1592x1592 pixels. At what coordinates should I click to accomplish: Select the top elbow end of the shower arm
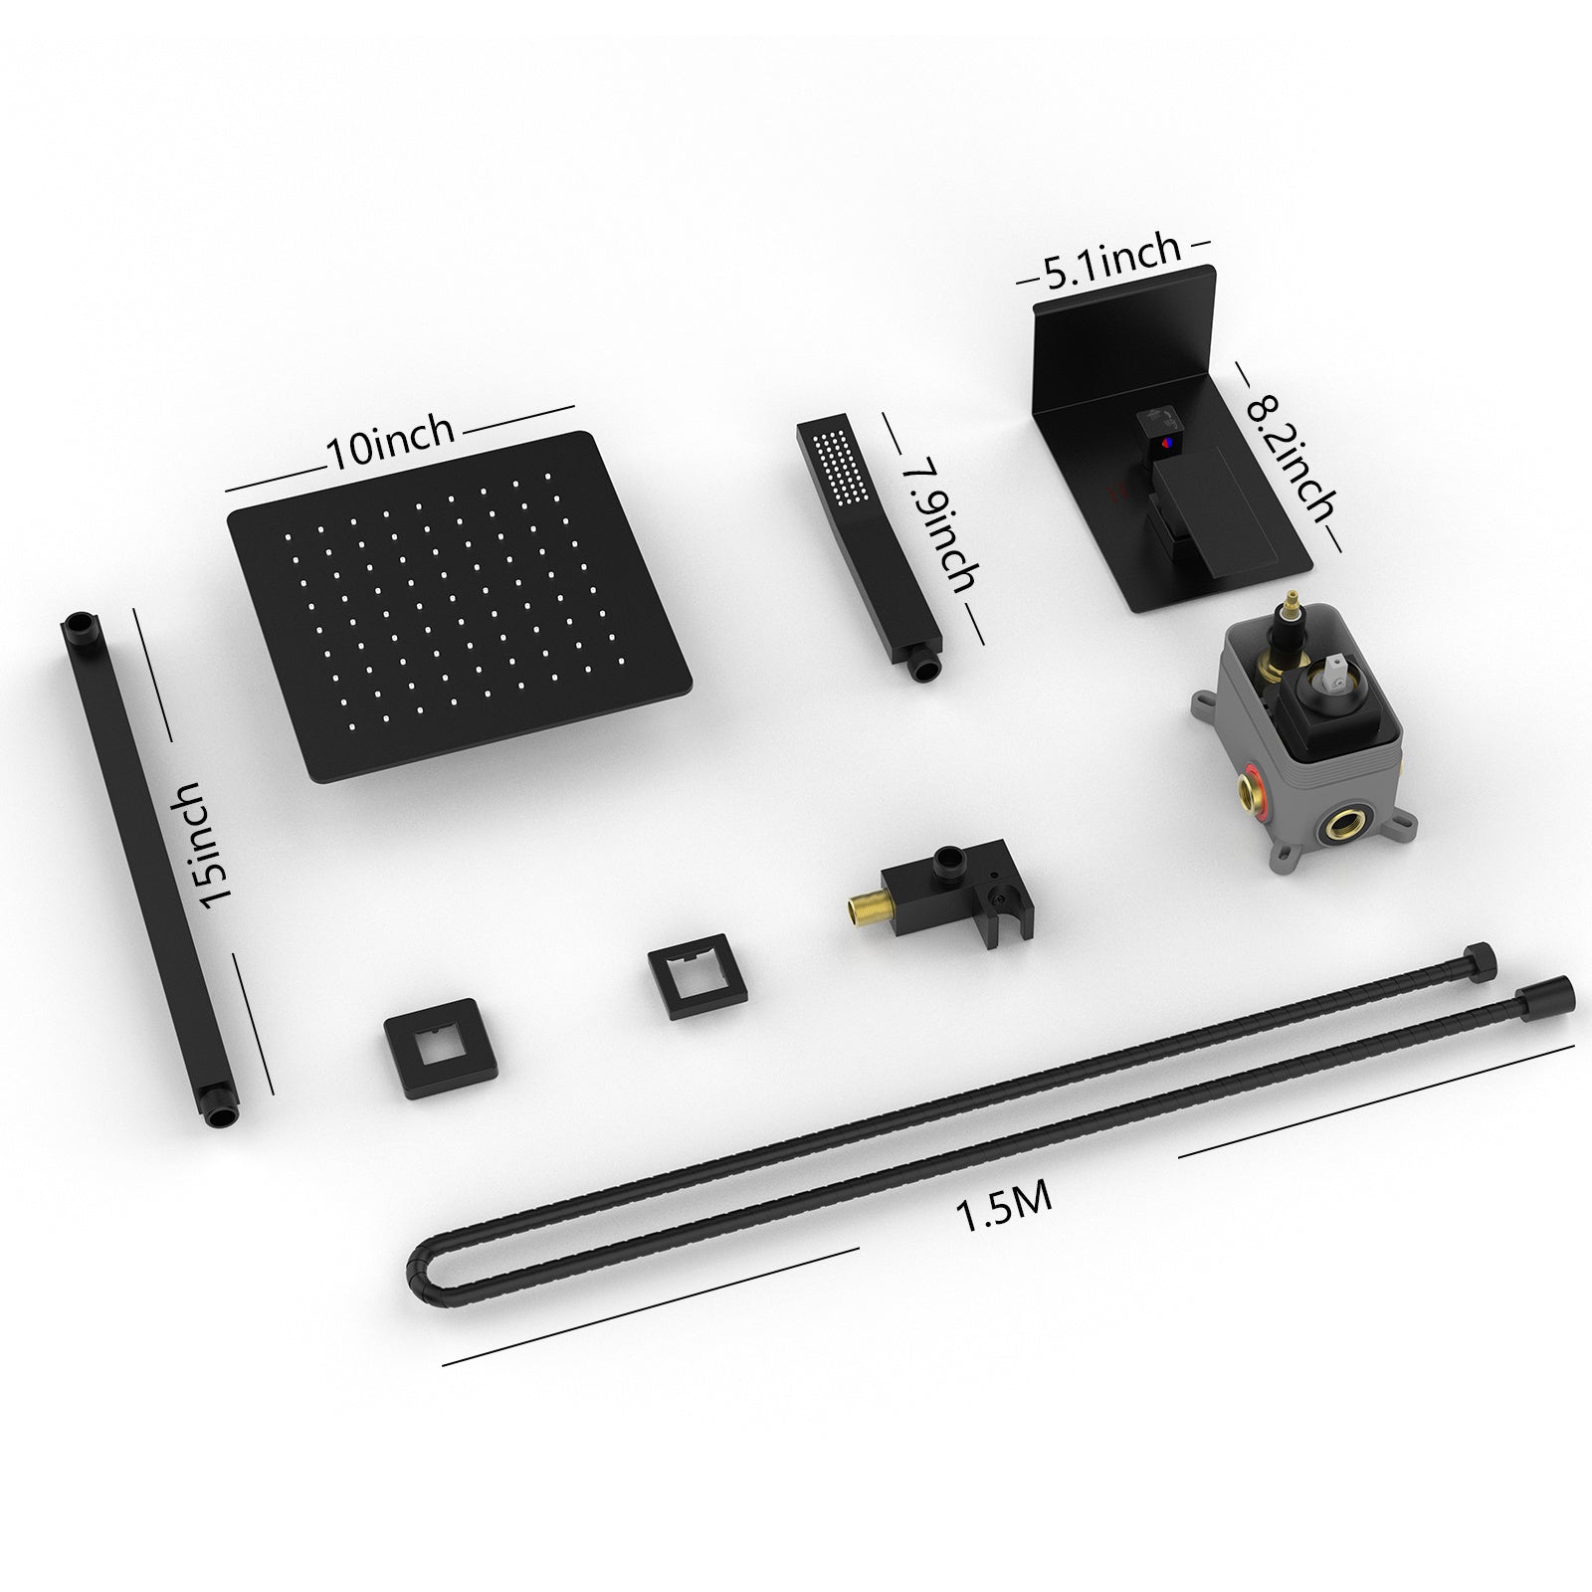79,627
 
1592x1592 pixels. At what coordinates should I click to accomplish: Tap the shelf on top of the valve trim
1124,298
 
